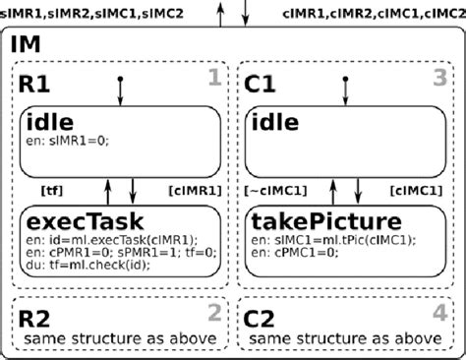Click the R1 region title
tap(36, 83)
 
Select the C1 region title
tap(261, 83)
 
